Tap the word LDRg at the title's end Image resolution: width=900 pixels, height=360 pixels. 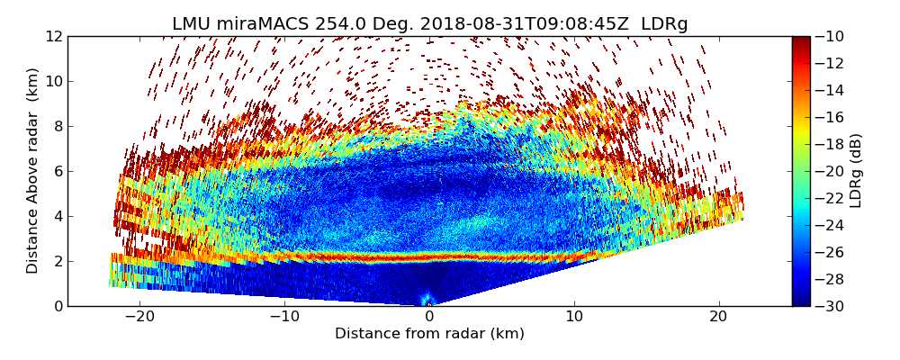664,24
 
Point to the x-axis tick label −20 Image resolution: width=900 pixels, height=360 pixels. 139,317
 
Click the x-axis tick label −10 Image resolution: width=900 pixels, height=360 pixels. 284,317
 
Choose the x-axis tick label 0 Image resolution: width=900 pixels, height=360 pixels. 429,317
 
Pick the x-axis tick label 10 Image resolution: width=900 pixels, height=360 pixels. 574,317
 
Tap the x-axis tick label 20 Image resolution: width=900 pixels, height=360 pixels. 718,317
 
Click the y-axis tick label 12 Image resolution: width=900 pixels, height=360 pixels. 53,37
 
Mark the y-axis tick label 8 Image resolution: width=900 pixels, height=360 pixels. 57,127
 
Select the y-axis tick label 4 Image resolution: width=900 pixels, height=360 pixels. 57,217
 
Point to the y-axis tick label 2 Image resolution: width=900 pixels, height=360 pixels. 57,262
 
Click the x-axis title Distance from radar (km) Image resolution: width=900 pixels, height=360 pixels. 429,334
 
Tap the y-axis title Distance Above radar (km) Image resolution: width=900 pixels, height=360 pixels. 33,171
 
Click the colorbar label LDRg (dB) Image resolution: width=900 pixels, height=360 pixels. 856,171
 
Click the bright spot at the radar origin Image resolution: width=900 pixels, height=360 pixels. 428,301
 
